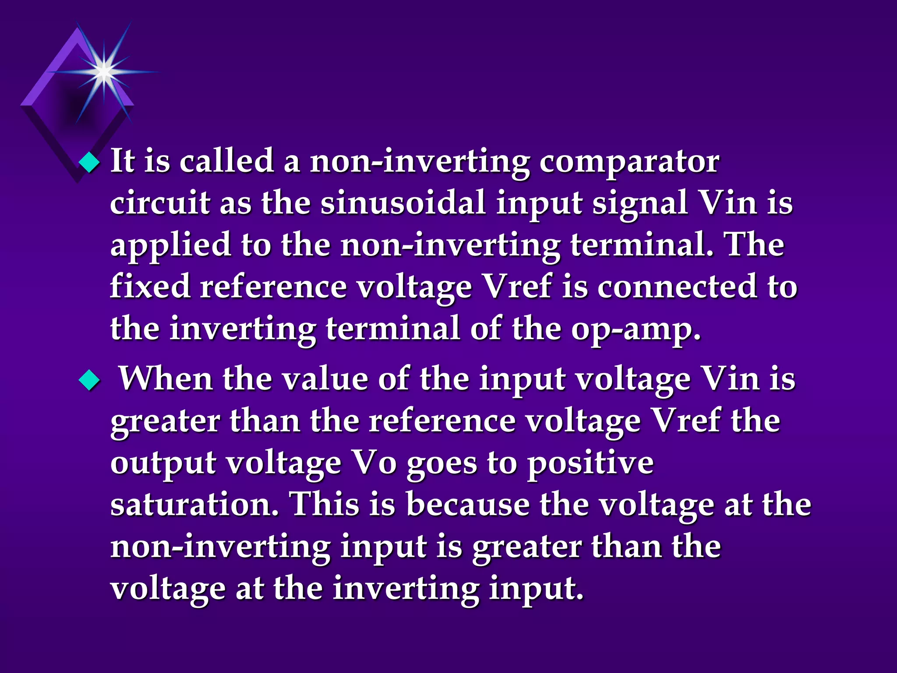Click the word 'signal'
[640, 204]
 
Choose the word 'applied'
[170, 246]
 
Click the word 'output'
[163, 464]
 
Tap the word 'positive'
[590, 464]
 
